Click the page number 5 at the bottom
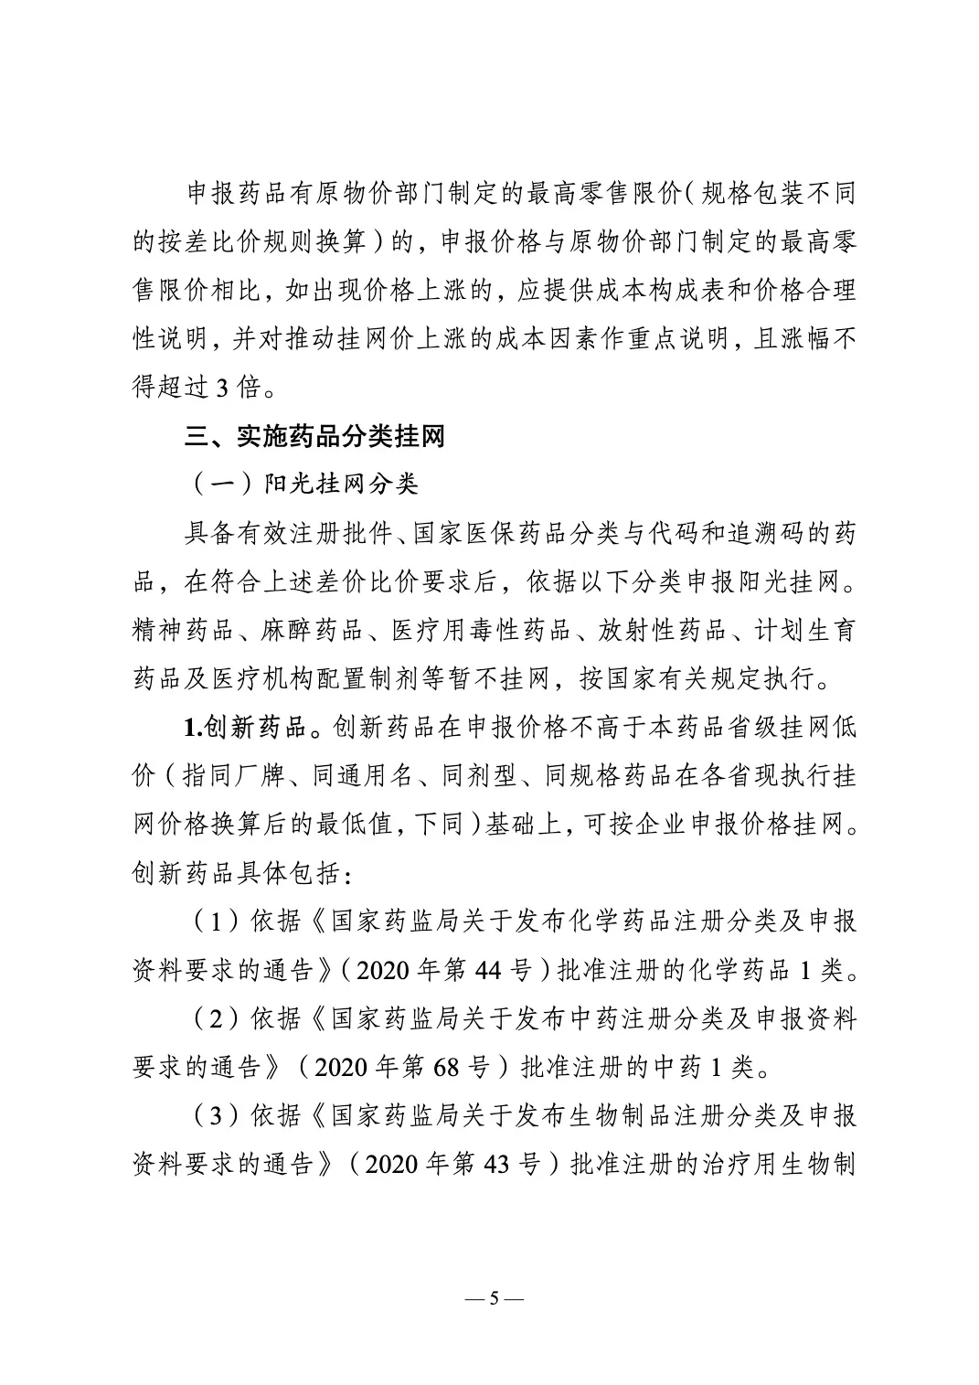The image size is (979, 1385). (490, 1298)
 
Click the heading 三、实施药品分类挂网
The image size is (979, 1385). (315, 436)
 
